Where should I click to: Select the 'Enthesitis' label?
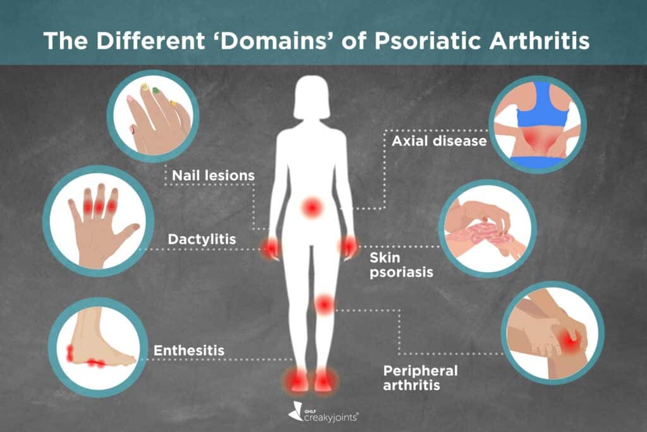(x=190, y=349)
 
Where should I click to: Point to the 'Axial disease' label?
(x=439, y=141)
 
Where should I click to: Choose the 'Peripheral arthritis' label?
(x=420, y=377)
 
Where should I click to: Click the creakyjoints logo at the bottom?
(x=323, y=414)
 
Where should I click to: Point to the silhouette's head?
(x=311, y=98)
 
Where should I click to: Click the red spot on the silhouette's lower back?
(x=311, y=206)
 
